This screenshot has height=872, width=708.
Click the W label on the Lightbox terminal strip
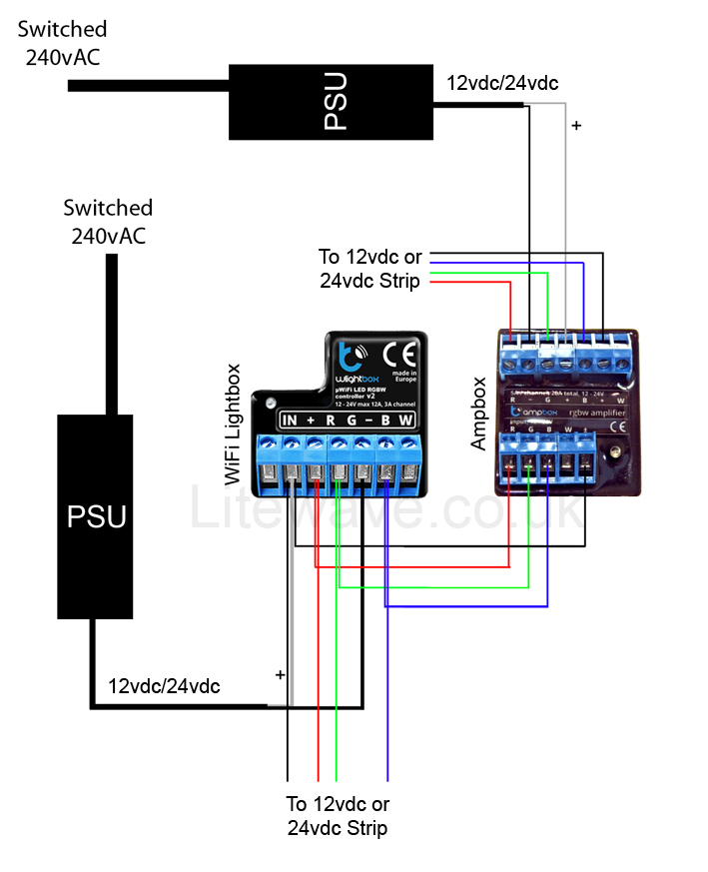click(405, 420)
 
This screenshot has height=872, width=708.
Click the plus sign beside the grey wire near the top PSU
click(575, 127)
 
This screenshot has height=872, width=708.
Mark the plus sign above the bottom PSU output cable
click(280, 675)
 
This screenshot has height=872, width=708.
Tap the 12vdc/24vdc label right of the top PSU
click(502, 84)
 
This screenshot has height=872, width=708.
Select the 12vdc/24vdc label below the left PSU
click(164, 686)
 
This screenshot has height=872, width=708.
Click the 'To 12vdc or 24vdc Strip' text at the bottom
click(338, 815)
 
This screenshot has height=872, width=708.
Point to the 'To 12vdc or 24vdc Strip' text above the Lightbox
click(370, 269)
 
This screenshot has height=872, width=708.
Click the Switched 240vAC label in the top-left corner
click(62, 43)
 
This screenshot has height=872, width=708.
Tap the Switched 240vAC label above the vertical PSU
click(108, 222)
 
